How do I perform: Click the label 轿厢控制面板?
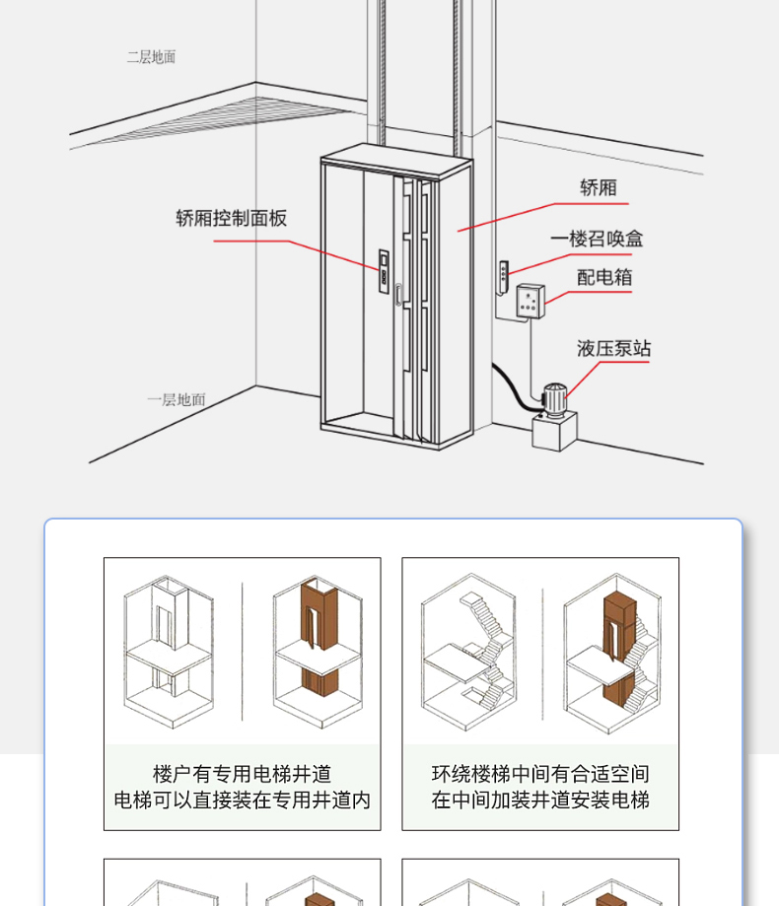click(232, 218)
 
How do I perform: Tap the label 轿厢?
click(598, 187)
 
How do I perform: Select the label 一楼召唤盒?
click(597, 239)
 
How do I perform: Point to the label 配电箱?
click(604, 277)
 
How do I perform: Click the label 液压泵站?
click(613, 348)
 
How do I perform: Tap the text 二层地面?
click(151, 57)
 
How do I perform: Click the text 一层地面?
click(177, 399)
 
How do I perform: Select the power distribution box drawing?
click(530, 301)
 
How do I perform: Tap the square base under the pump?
click(554, 431)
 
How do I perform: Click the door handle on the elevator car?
click(397, 295)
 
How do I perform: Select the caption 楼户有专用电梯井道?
click(242, 774)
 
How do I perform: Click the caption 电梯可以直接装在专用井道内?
click(242, 800)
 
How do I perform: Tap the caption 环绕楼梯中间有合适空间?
click(540, 774)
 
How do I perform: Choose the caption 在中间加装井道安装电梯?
click(540, 800)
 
